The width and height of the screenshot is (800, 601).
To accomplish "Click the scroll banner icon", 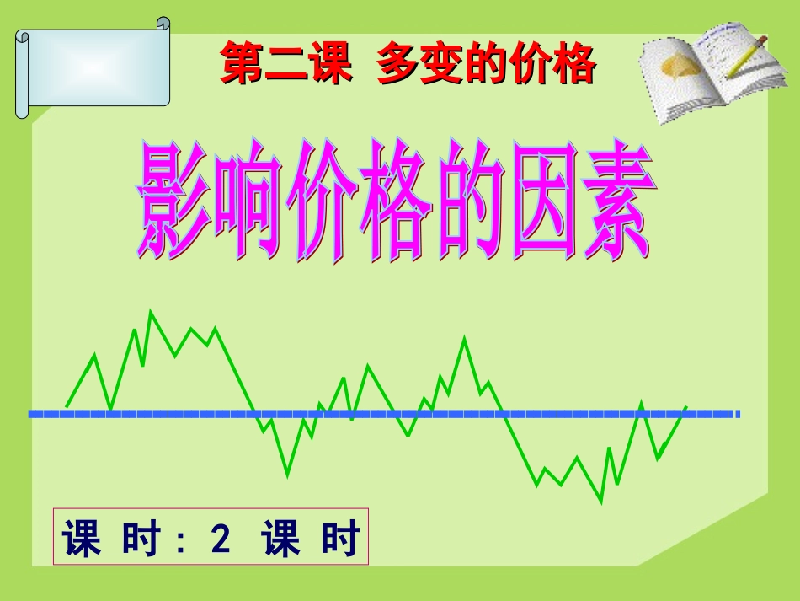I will [x=93, y=72].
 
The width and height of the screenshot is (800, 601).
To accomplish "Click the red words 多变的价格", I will [x=487, y=64].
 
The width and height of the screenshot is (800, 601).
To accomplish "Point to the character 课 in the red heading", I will [x=329, y=64].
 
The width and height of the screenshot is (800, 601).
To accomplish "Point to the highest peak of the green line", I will [x=151, y=312].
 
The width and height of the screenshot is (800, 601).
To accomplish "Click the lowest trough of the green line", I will [x=601, y=502].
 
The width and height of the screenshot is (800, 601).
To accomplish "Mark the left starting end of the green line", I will [x=67, y=405].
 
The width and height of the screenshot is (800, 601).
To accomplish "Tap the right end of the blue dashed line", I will [x=739, y=414].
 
